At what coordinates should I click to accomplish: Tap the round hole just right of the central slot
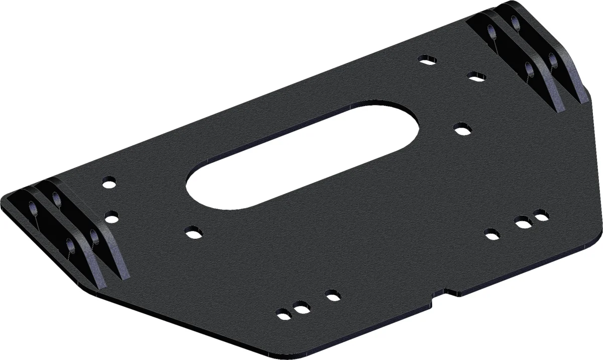[461, 129]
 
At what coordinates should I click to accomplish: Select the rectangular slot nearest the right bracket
[475, 76]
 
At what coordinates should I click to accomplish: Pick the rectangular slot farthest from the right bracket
[426, 61]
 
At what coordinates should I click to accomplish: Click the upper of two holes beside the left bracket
[109, 182]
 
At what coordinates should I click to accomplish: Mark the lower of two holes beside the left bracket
[112, 217]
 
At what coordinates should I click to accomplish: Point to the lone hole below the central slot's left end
[192, 233]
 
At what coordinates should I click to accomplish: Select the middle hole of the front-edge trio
[300, 308]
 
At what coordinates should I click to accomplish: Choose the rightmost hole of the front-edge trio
[332, 296]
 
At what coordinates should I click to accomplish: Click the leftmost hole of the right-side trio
[492, 233]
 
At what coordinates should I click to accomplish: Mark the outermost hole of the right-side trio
[539, 216]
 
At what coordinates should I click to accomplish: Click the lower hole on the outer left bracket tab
[71, 246]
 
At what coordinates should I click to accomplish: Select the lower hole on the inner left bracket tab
[93, 236]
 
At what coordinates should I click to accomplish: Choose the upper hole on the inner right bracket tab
[494, 33]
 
